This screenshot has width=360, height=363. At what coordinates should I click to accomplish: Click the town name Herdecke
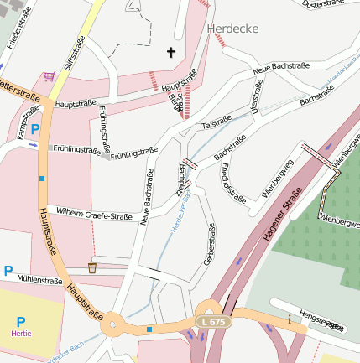click(x=232, y=29)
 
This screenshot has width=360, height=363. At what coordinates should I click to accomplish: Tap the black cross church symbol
click(x=170, y=53)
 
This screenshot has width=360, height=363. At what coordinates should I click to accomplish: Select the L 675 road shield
click(x=212, y=322)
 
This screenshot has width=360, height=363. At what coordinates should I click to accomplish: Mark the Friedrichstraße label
click(x=232, y=184)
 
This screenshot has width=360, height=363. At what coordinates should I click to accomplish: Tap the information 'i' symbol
click(x=289, y=319)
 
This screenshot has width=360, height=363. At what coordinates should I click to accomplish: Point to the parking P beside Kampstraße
click(x=35, y=129)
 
